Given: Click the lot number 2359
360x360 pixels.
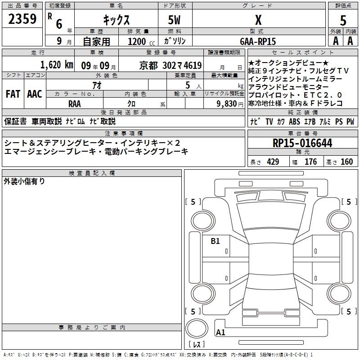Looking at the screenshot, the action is tap(22, 19).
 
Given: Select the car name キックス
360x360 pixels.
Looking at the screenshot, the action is tap(116, 20).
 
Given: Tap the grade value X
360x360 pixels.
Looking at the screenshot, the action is tap(258, 20).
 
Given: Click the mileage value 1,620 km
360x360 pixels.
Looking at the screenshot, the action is tap(56, 65).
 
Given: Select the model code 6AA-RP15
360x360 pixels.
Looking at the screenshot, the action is tap(258, 41).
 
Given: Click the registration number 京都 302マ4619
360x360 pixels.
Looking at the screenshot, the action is tap(171, 65).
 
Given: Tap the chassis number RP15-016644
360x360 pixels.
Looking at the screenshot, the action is tap(302, 143).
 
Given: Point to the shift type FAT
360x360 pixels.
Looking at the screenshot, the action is tap(12, 94).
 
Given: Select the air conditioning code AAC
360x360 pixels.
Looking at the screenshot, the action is tap(34, 94).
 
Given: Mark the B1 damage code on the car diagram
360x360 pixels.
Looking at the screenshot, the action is tap(216, 241).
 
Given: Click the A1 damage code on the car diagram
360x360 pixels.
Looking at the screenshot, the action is tap(220, 333).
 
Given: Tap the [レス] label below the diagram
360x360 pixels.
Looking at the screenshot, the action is tap(198, 344).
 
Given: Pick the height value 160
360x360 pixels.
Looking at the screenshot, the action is tap(346, 162).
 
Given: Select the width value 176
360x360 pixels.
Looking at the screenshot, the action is tap(310, 162).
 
